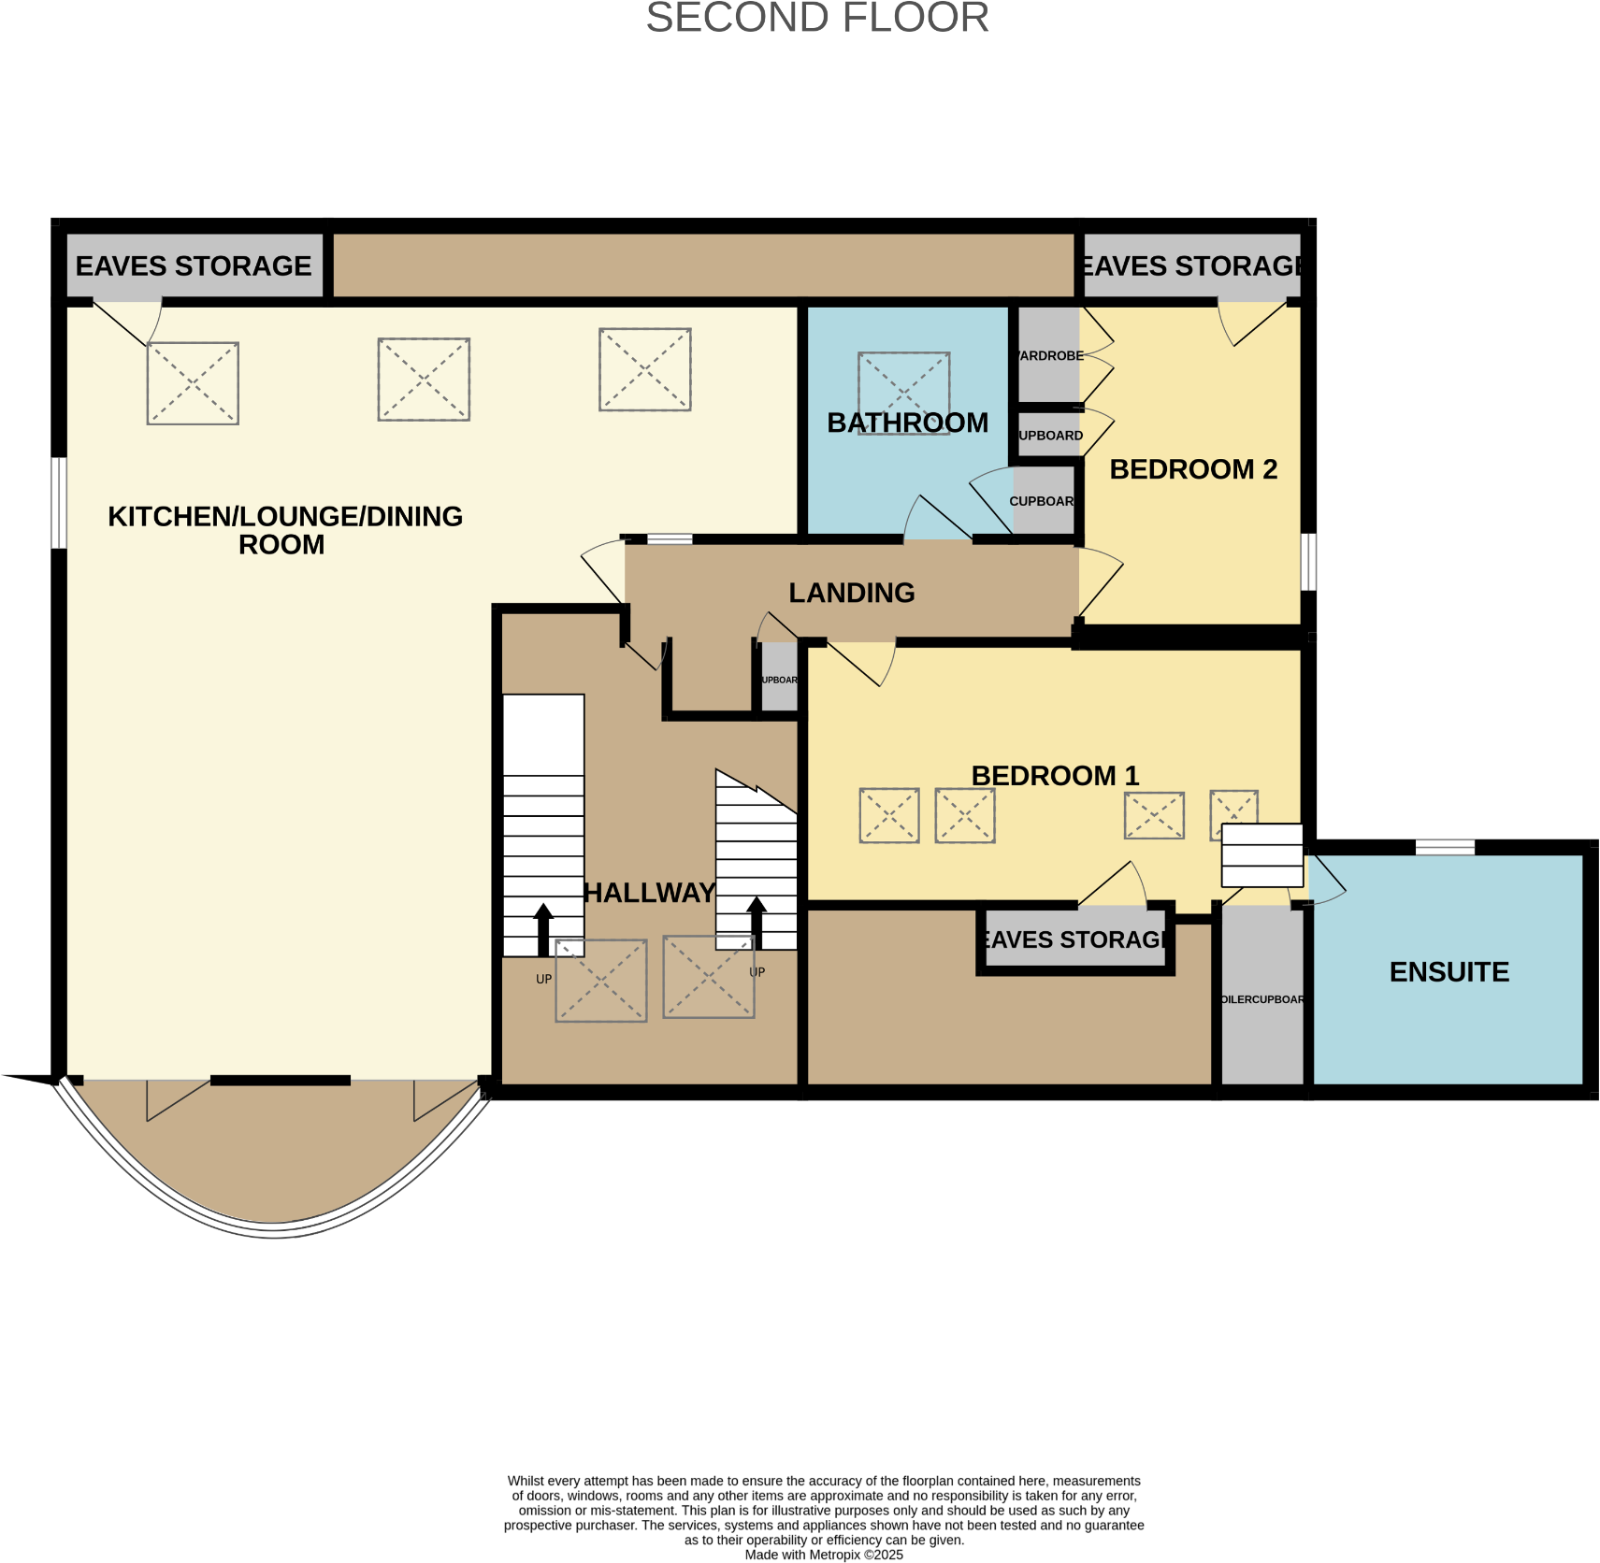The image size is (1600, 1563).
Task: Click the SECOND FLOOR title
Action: coord(817,18)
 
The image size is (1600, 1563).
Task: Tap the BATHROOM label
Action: coord(907,423)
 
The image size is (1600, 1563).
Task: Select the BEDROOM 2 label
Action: coord(1192,469)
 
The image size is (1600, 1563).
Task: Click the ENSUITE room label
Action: coord(1449,972)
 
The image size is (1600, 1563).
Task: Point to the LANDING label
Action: coord(851,593)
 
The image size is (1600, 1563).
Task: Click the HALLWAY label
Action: coord(649,893)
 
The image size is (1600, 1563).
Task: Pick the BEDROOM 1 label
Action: coord(1055,776)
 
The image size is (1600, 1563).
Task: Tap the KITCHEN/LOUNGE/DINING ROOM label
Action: coord(285,530)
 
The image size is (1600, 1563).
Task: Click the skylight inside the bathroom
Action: coord(903,383)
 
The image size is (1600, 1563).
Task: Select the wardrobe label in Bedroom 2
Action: coord(1050,356)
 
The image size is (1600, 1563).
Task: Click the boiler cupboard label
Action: coord(1261,999)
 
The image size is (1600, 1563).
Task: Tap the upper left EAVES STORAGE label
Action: coord(194,266)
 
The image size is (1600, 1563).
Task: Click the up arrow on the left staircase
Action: coord(543,928)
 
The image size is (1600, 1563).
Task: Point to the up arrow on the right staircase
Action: coord(757,923)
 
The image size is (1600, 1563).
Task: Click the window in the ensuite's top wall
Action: coord(1444,847)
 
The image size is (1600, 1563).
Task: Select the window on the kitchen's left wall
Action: coord(59,502)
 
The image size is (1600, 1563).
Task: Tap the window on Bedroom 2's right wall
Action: coord(1308,562)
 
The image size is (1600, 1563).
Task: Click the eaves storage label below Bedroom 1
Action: coord(1074,939)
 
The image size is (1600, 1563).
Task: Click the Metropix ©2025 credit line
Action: coord(823,1555)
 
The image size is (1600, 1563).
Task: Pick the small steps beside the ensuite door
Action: coord(1261,855)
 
